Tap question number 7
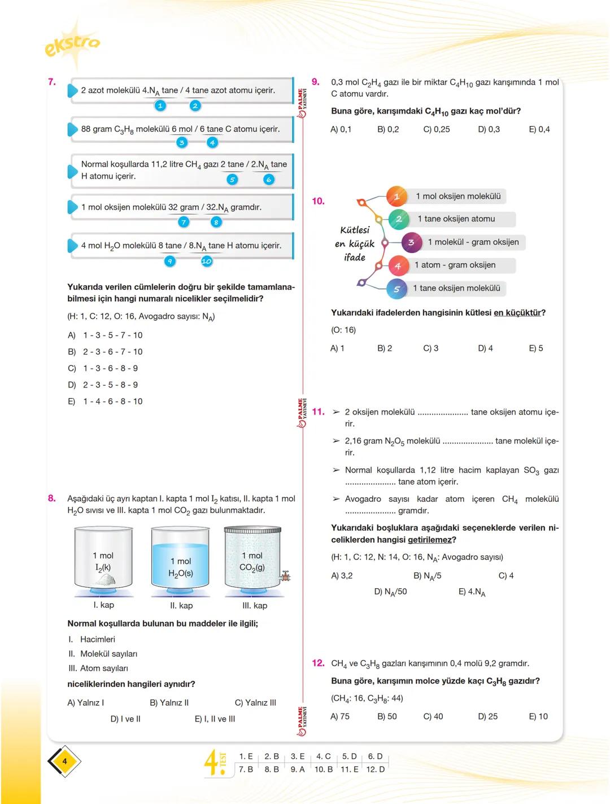pyautogui.click(x=51, y=82)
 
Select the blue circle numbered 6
pyautogui.click(x=269, y=180)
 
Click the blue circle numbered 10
pyautogui.click(x=206, y=261)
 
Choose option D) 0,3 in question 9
pyautogui.click(x=489, y=129)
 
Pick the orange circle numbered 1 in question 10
pyautogui.click(x=396, y=197)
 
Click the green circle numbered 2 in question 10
pyautogui.click(x=399, y=219)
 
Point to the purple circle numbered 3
pyautogui.click(x=411, y=242)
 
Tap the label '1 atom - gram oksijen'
pyautogui.click(x=455, y=265)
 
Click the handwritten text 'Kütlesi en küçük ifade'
pyautogui.click(x=355, y=244)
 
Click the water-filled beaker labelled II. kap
pyautogui.click(x=181, y=559)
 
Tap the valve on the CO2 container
pyautogui.click(x=286, y=576)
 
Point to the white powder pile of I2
pyautogui.click(x=106, y=579)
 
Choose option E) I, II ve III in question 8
pyautogui.click(x=215, y=719)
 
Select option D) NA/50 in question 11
pyautogui.click(x=390, y=592)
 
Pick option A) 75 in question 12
pyautogui.click(x=339, y=716)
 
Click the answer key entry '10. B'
pyautogui.click(x=324, y=769)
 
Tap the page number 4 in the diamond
pyautogui.click(x=64, y=761)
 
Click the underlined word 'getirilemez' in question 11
pyautogui.click(x=430, y=540)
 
